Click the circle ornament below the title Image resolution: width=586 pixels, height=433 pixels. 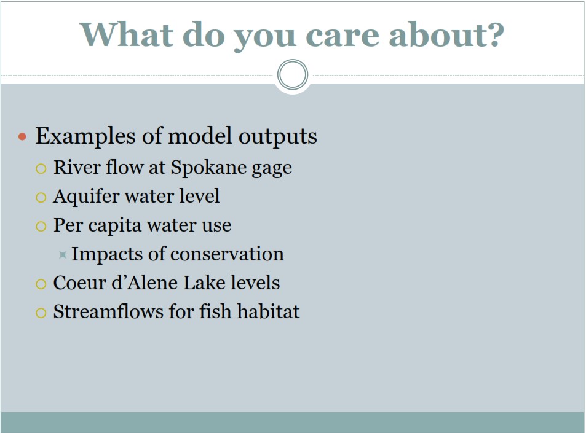pyautogui.click(x=293, y=75)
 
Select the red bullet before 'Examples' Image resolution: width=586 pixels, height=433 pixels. pyautogui.click(x=22, y=136)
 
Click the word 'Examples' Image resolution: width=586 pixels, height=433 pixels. pyautogui.click(x=85, y=136)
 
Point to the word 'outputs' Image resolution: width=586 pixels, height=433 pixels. pyautogui.click(x=278, y=136)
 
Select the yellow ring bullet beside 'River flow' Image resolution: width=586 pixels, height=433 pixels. pyautogui.click(x=41, y=169)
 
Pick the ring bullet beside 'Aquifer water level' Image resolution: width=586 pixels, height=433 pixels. pyautogui.click(x=41, y=198)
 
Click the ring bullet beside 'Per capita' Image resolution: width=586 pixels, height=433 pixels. pyautogui.click(x=41, y=226)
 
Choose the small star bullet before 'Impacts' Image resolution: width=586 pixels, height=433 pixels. pyautogui.click(x=63, y=255)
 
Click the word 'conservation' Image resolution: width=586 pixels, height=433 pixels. pyautogui.click(x=227, y=254)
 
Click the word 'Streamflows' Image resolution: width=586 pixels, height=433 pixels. pyautogui.click(x=108, y=311)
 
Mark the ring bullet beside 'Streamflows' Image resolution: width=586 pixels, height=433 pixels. pyautogui.click(x=41, y=313)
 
